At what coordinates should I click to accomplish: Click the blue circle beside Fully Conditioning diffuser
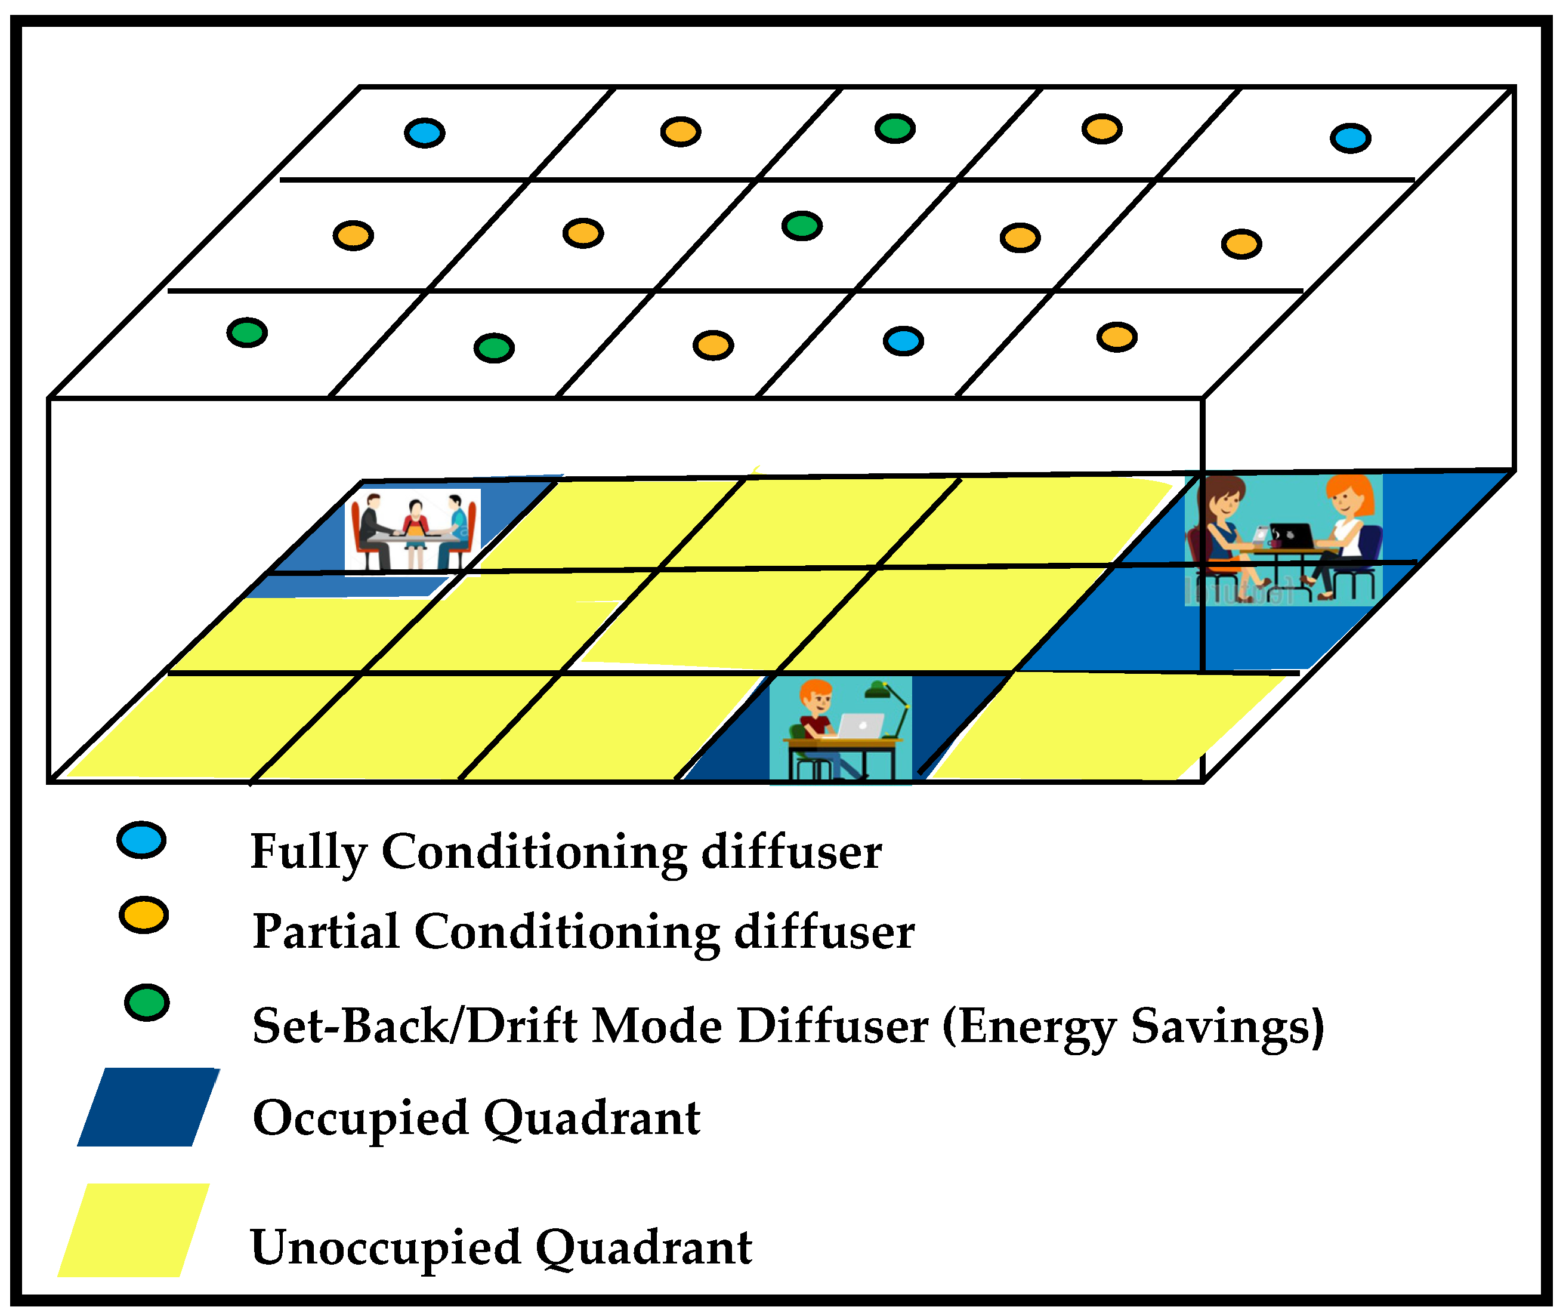(141, 841)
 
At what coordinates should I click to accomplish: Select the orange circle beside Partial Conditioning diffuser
(143, 916)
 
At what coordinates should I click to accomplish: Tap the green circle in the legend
(147, 1003)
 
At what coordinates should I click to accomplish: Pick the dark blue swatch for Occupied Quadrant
(148, 1108)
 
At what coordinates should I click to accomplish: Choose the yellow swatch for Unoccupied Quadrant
(134, 1230)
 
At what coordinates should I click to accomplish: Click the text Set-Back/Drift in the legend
(414, 1027)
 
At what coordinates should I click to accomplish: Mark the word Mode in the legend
(656, 1027)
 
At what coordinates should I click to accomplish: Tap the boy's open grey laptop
(861, 725)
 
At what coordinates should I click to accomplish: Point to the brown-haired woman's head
(1223, 498)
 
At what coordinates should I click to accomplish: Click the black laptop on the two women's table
(1292, 537)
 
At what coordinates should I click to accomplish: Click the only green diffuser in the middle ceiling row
(802, 226)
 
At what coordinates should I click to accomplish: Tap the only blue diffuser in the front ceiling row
(903, 341)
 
